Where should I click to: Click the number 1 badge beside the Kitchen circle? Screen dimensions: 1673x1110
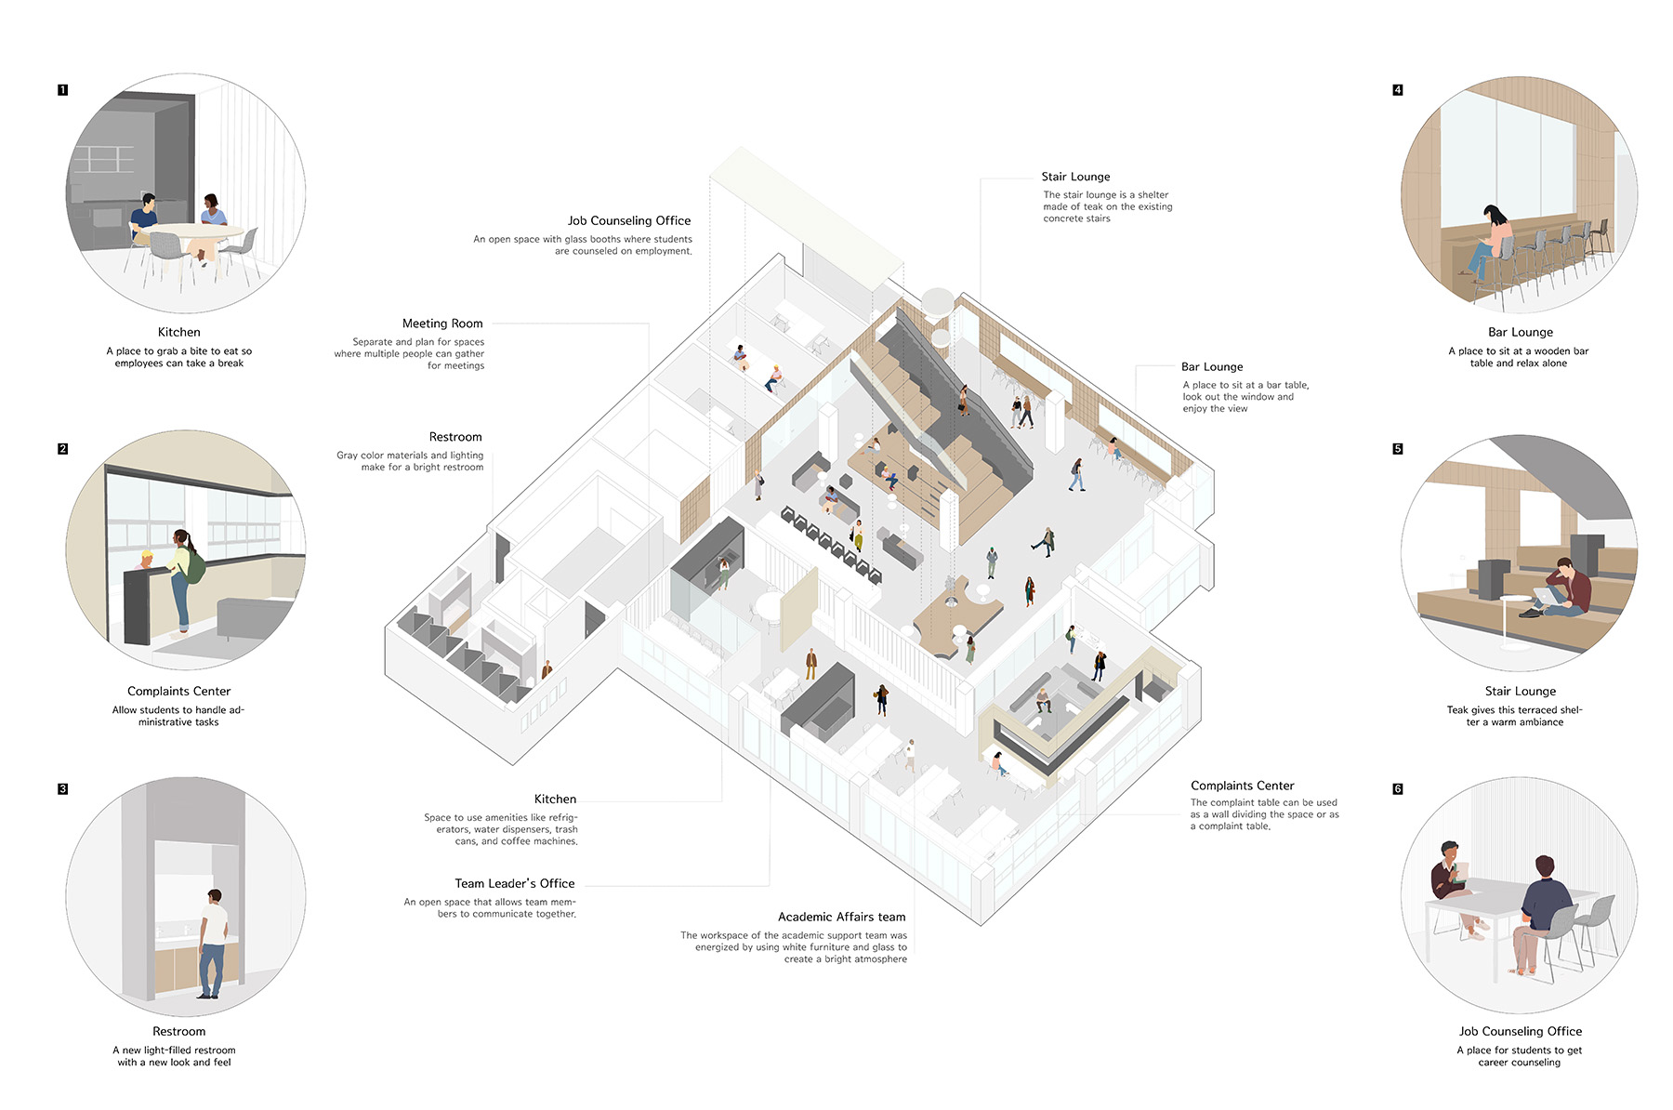coord(62,90)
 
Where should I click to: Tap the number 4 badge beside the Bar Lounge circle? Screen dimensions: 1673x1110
coord(1398,90)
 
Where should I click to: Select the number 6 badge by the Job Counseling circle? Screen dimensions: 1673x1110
coord(1398,789)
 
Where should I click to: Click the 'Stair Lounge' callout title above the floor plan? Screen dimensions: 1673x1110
coord(1075,177)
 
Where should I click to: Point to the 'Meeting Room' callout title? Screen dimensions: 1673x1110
coord(442,324)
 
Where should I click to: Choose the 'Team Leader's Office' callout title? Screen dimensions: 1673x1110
coord(515,883)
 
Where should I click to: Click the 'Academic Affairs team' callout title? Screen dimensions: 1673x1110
coord(842,917)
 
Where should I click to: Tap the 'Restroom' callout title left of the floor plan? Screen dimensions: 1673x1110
coord(455,437)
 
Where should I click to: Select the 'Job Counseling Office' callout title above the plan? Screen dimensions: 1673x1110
coord(629,221)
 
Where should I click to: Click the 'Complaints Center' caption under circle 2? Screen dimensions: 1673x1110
coord(178,691)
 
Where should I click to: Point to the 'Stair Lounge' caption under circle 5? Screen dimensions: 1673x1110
coord(1521,691)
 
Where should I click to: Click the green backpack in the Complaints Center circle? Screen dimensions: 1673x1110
coord(194,565)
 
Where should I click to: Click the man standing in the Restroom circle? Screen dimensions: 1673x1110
coord(213,944)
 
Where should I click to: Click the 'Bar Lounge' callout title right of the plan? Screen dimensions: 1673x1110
coord(1212,367)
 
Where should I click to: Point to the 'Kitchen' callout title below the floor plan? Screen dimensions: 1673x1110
coord(555,799)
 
